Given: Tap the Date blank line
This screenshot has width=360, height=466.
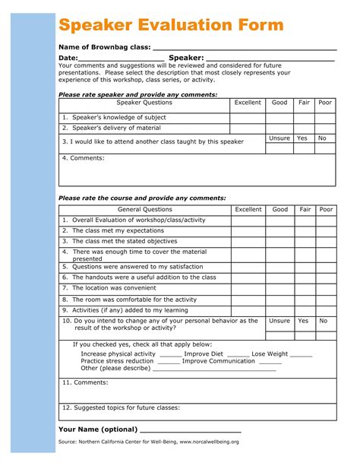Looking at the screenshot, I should (x=122, y=60).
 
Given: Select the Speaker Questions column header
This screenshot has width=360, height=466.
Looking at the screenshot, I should (x=144, y=103).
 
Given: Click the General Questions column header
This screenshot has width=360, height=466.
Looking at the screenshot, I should (x=144, y=209).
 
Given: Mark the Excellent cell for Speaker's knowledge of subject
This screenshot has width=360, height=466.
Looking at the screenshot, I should (x=248, y=118).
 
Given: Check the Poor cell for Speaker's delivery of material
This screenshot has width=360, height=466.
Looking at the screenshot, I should (x=325, y=128).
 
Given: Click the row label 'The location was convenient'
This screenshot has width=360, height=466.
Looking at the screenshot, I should (x=115, y=288).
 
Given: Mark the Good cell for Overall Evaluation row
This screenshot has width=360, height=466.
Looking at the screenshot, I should (x=279, y=220).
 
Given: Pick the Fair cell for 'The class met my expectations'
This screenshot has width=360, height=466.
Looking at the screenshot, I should (x=305, y=231).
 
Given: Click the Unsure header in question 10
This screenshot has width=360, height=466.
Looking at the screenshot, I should (x=279, y=321).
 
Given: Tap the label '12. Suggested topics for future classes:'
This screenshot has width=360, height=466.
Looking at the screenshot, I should (x=121, y=407).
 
